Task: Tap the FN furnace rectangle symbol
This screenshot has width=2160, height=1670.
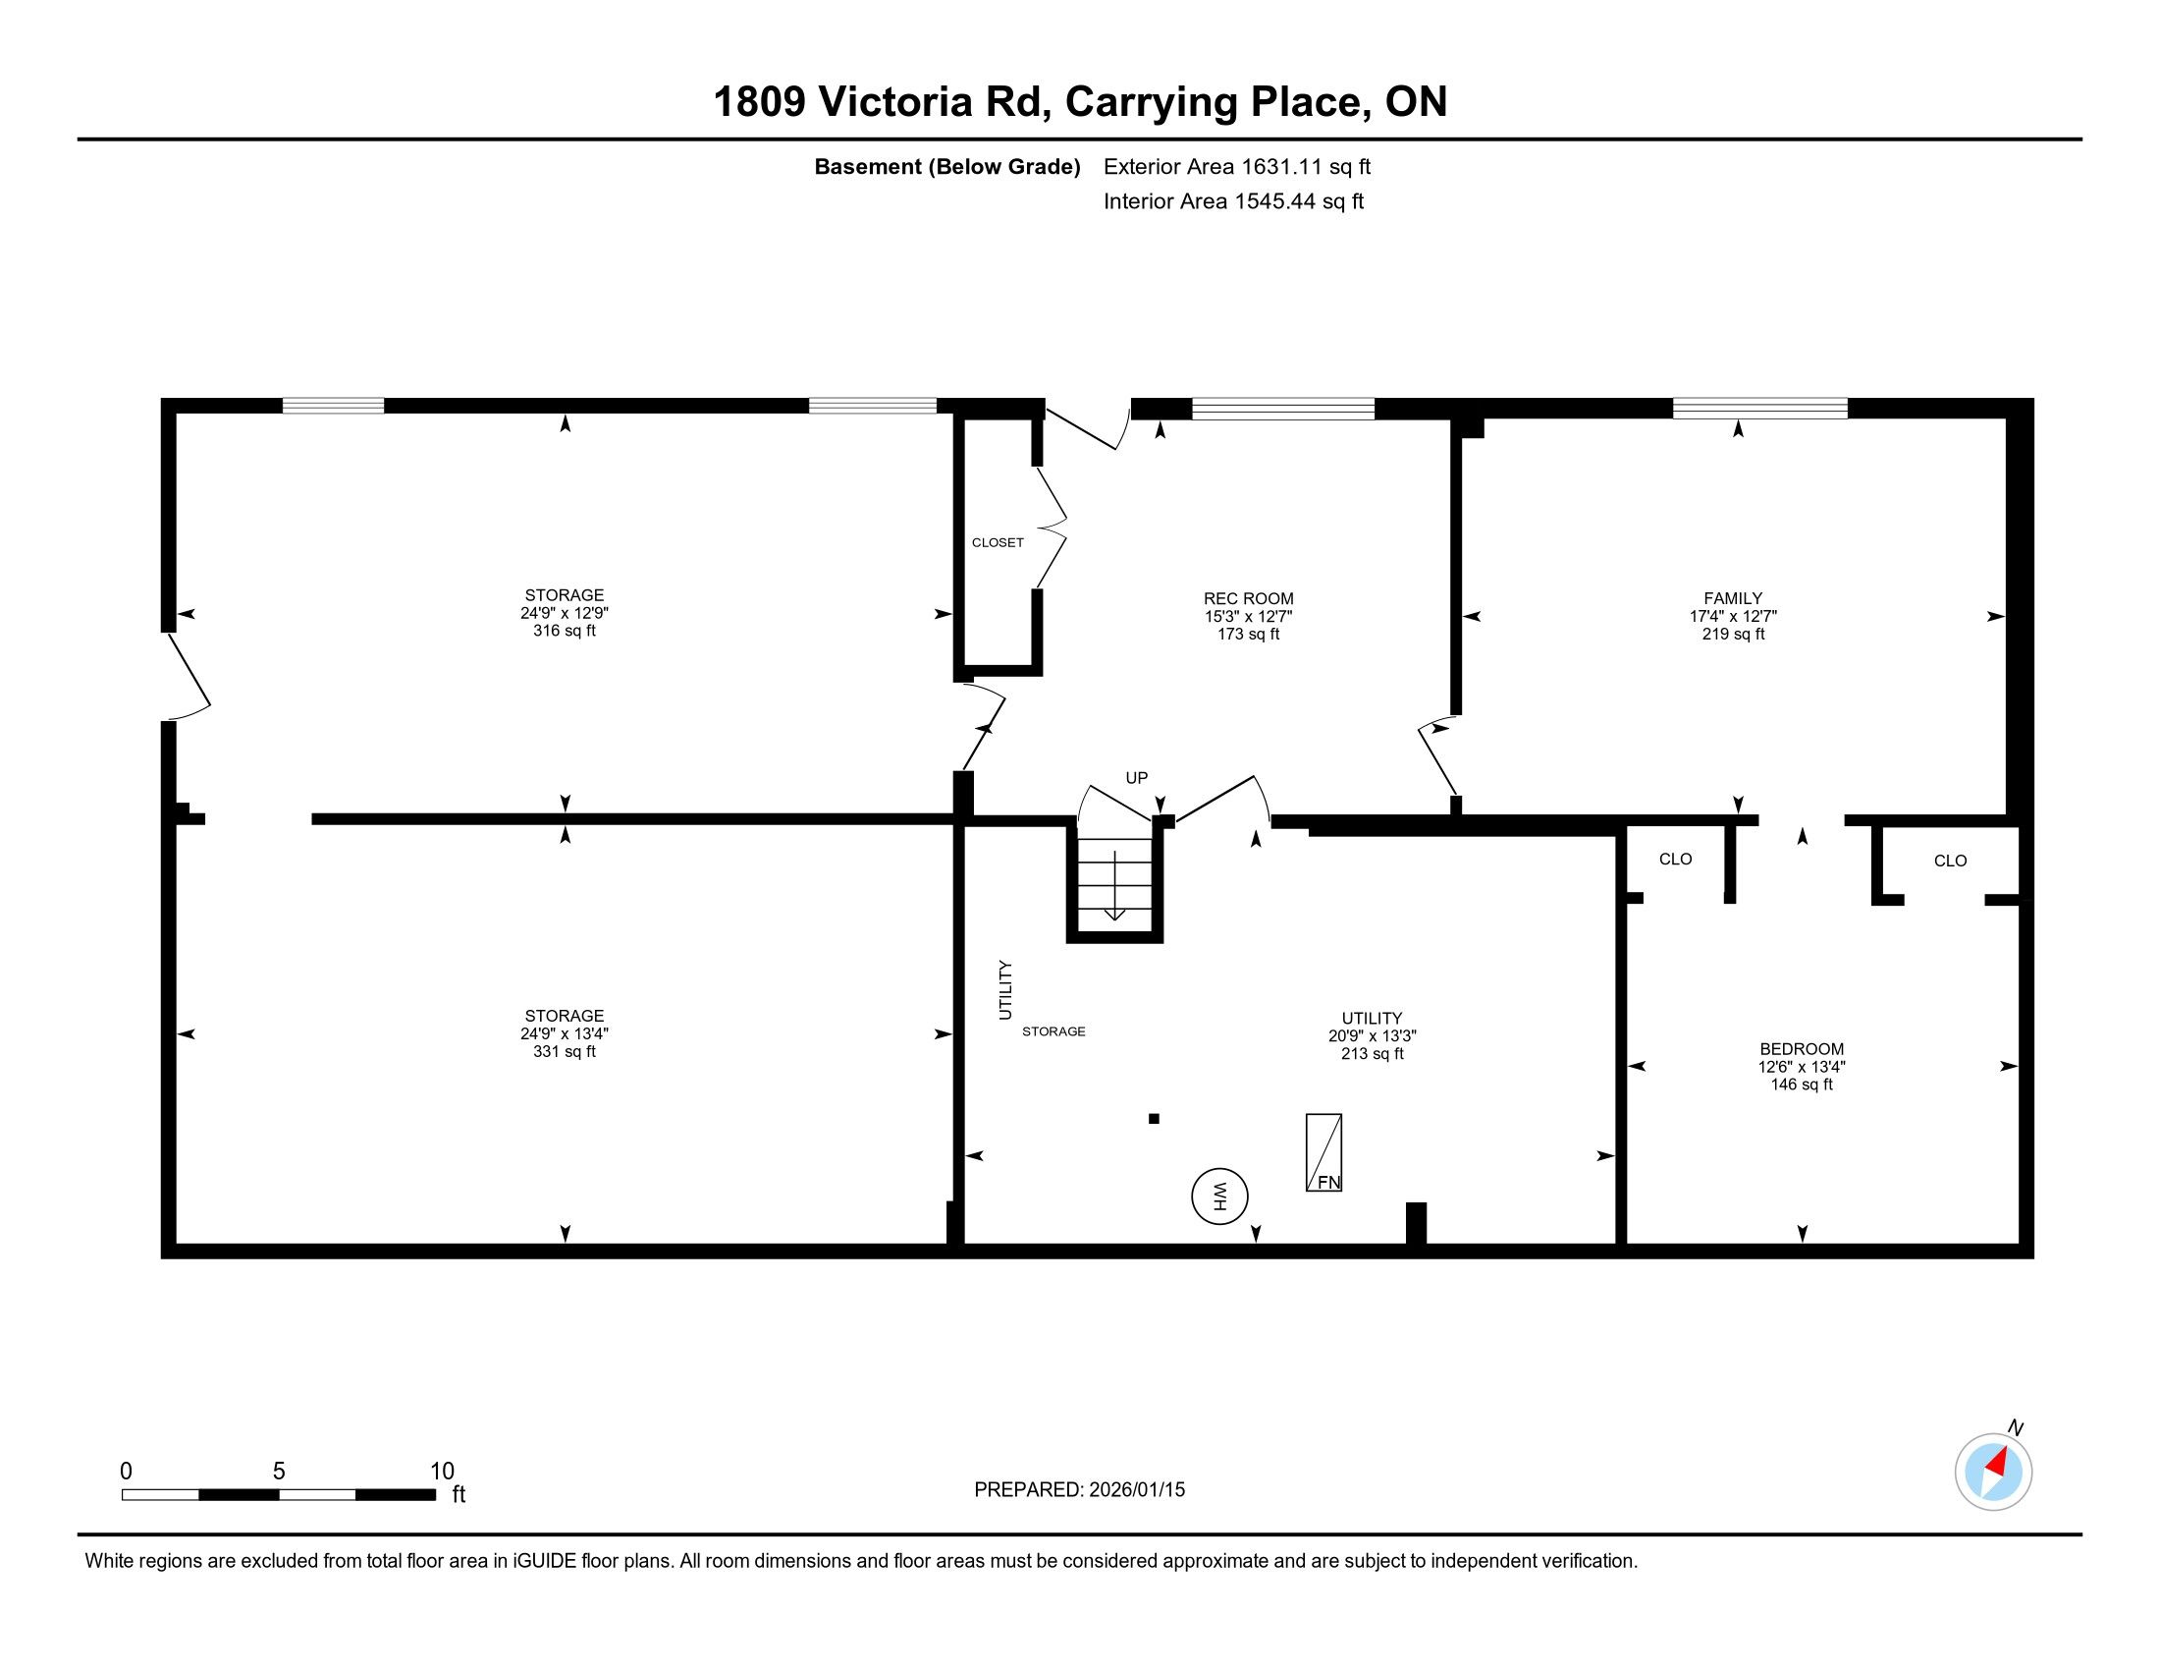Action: tap(1323, 1152)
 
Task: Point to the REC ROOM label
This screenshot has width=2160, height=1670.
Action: tap(1248, 598)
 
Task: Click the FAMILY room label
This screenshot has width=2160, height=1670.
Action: tap(1733, 598)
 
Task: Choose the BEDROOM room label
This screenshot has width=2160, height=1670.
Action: tap(1802, 1049)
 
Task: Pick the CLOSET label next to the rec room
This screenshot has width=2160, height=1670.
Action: tap(998, 542)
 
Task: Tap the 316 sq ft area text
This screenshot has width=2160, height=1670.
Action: tap(564, 632)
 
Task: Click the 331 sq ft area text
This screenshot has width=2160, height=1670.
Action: tap(564, 1052)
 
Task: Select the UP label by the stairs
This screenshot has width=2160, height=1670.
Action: tap(1136, 778)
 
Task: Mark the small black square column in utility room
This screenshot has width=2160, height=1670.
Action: tap(1154, 1119)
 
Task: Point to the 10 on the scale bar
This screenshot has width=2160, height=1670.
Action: tap(442, 1472)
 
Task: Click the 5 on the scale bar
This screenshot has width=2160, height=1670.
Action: tap(279, 1472)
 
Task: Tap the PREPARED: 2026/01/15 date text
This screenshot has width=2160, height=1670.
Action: tap(1079, 1490)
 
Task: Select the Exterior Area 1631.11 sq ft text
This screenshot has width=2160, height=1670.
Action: tap(1237, 166)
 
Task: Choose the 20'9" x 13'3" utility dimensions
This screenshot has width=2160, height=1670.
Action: tap(1372, 1035)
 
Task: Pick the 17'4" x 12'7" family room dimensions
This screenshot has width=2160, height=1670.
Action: tap(1733, 615)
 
